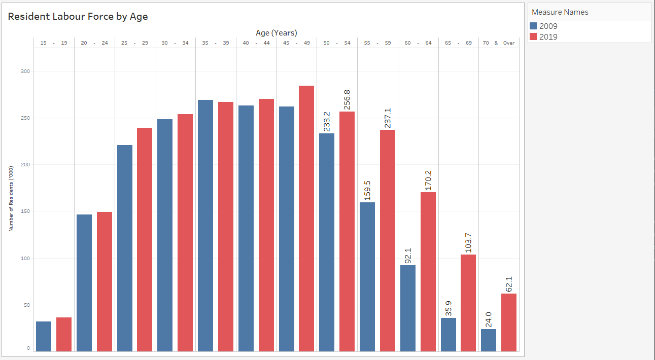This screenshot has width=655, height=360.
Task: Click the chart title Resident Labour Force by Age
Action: pos(78,16)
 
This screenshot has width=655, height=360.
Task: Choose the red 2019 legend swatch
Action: pos(533,37)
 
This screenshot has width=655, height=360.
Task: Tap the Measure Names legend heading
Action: pos(560,12)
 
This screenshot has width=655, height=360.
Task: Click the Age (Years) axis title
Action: pos(277,32)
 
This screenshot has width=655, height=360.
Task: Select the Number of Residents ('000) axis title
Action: pos(11,198)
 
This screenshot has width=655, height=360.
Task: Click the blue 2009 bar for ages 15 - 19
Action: pos(44,336)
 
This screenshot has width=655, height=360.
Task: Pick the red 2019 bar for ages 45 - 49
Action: pos(306,219)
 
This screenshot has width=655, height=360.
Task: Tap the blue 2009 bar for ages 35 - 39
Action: pos(205,226)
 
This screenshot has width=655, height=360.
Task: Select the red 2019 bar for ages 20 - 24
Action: pos(105,281)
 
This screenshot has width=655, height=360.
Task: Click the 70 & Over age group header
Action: pos(499,43)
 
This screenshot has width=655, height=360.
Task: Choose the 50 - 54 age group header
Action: pos(337,43)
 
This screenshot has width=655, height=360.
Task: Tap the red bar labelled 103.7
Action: pos(468,303)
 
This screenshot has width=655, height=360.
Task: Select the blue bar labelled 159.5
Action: pos(367,277)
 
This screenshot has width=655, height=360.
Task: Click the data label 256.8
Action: pos(347,99)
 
